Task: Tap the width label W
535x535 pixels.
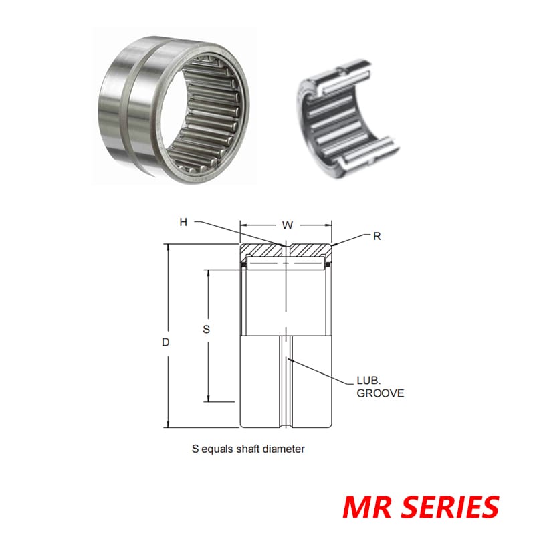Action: point(287,225)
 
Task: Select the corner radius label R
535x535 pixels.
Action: point(377,237)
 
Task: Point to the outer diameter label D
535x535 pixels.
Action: point(167,342)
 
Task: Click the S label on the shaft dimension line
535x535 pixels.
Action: point(206,329)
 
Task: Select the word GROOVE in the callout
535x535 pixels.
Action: point(380,393)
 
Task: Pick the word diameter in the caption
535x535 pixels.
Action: point(285,449)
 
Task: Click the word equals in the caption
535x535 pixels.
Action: point(216,449)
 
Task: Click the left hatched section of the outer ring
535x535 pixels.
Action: point(263,251)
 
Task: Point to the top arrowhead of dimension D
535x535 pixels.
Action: point(168,249)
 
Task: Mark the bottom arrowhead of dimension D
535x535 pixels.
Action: point(168,423)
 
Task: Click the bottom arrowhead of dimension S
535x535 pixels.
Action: point(208,398)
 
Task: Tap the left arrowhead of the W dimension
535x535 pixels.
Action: point(244,225)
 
